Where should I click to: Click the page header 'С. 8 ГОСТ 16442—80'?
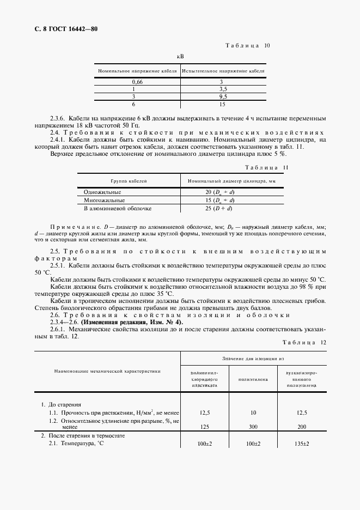click(x=62, y=29)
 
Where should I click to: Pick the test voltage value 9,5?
click(x=223, y=96)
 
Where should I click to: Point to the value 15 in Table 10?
click(x=223, y=104)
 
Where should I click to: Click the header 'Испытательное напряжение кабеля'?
click(x=223, y=71)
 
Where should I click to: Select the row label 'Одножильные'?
click(x=102, y=192)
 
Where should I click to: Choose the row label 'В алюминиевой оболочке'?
click(x=117, y=208)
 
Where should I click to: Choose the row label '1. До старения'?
click(x=62, y=405)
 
